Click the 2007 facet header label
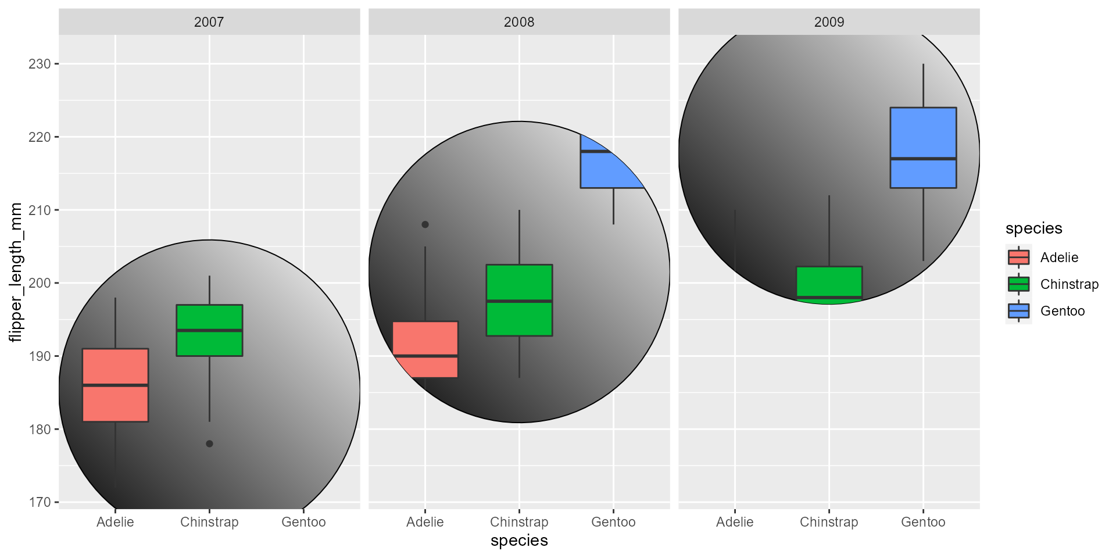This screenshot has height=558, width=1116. [x=209, y=22]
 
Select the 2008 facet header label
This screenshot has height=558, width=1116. [x=518, y=22]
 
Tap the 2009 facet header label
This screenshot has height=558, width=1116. [x=829, y=22]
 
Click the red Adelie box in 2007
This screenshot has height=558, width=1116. [x=115, y=385]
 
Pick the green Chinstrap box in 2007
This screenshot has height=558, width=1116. [x=209, y=330]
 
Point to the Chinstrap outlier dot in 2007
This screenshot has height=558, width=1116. [x=209, y=443]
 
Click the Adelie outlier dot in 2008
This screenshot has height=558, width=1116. [x=425, y=224]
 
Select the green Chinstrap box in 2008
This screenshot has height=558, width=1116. [x=519, y=300]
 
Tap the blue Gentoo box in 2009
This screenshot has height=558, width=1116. [x=923, y=148]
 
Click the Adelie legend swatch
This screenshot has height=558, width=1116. [x=1018, y=257]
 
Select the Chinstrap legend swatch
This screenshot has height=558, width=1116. [x=1018, y=284]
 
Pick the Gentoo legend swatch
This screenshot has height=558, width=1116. [x=1018, y=311]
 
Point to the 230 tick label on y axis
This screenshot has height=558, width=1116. [x=40, y=64]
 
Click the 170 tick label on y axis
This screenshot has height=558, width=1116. [x=40, y=502]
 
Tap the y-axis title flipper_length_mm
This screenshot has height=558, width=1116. [x=16, y=272]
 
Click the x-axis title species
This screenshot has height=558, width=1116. [x=519, y=541]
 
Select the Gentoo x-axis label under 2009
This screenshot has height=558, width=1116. [x=923, y=522]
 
